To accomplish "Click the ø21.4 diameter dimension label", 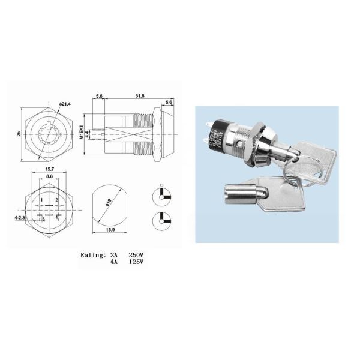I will (x=65, y=104).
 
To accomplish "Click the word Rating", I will (x=92, y=254).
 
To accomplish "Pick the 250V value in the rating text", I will (x=136, y=254).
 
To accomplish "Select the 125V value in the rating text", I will (x=136, y=262).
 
